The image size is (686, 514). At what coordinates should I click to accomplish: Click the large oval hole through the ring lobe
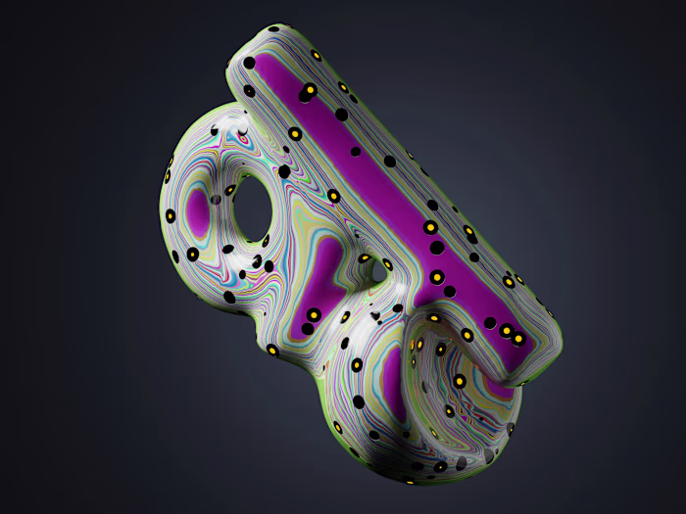click(252, 208)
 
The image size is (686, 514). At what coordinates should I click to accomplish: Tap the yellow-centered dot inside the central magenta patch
click(314, 315)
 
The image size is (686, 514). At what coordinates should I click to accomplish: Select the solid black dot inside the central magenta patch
click(307, 329)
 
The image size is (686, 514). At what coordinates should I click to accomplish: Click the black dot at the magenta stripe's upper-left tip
click(249, 64)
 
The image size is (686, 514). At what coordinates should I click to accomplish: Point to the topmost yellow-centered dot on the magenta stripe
click(310, 90)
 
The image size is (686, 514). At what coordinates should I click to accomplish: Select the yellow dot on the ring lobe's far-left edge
click(170, 215)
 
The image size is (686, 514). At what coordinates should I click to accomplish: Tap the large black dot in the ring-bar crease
click(284, 171)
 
